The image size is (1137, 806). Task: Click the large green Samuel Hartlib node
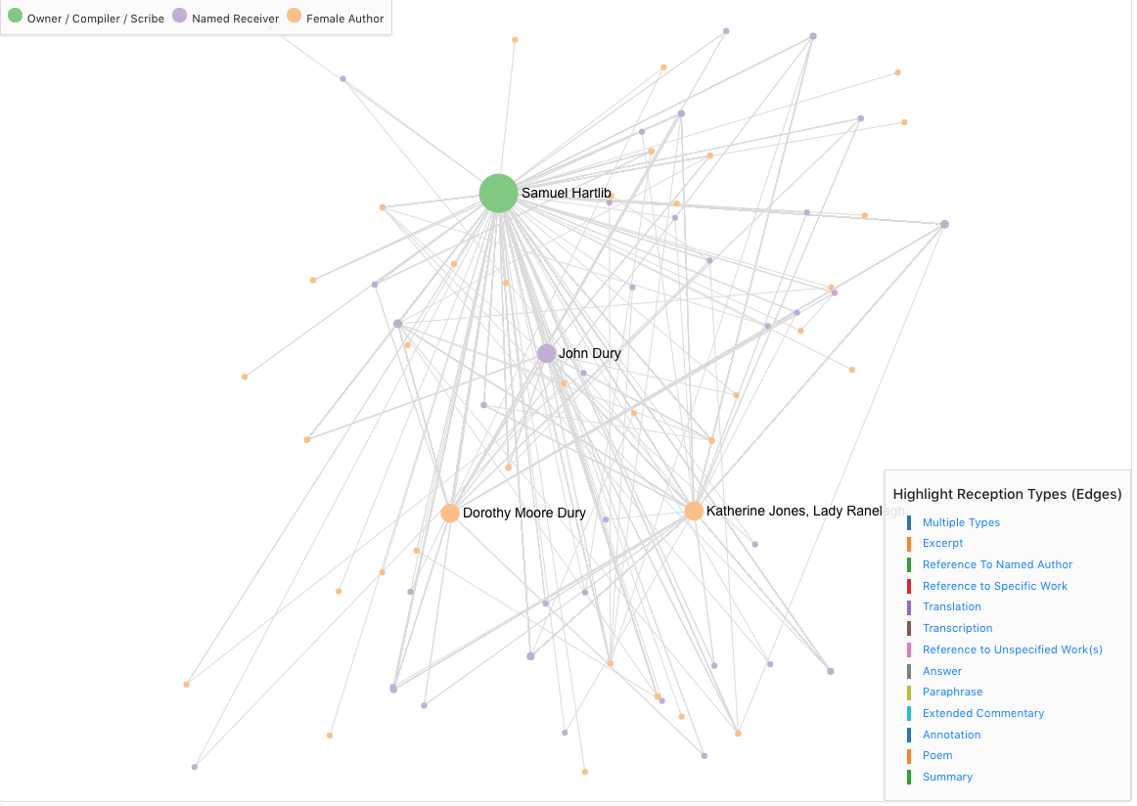click(498, 194)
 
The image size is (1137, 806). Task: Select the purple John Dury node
click(546, 353)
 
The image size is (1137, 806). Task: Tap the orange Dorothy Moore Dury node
click(450, 513)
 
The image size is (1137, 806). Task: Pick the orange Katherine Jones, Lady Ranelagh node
click(694, 511)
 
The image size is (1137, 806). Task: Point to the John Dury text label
click(589, 353)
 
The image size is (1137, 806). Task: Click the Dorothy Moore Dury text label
click(523, 513)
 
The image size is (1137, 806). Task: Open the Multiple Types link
click(961, 522)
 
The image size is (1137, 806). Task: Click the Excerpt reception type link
click(942, 543)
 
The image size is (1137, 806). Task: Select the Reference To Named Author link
click(997, 564)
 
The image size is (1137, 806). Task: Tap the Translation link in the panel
click(951, 606)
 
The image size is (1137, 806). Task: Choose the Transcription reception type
click(957, 628)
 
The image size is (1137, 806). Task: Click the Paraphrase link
click(952, 692)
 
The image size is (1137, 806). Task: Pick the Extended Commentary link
click(982, 713)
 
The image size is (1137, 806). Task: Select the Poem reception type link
click(936, 755)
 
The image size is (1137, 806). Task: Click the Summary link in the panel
click(947, 777)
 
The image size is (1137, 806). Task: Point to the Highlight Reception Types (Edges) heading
click(1007, 494)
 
